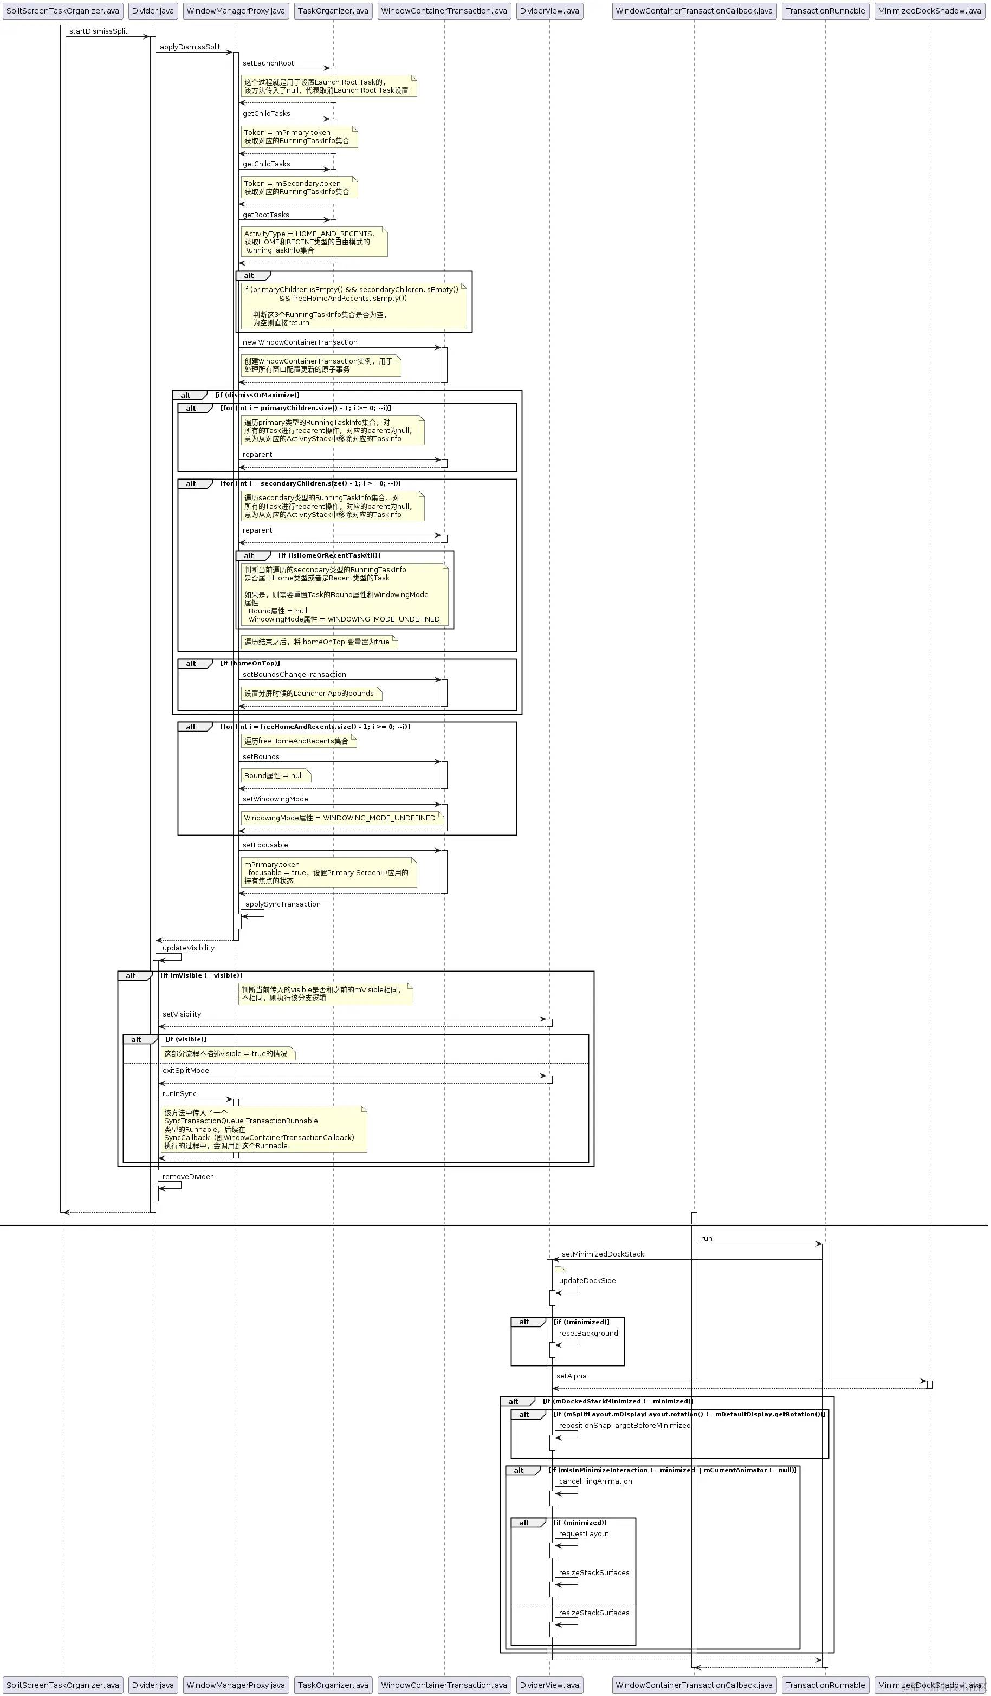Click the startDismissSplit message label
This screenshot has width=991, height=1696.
(x=98, y=31)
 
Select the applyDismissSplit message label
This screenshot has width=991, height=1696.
(x=190, y=47)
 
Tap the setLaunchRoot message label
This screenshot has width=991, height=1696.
(x=268, y=63)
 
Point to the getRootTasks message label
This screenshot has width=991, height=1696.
(x=265, y=215)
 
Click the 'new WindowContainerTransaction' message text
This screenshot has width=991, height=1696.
(x=300, y=342)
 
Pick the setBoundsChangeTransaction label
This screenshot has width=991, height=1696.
(x=294, y=675)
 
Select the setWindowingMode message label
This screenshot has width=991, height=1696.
(x=275, y=799)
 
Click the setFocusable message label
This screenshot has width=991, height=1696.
(x=265, y=845)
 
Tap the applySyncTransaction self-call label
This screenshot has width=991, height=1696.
(x=283, y=904)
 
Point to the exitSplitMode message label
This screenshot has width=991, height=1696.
(x=186, y=1070)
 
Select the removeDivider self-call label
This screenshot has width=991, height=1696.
(x=187, y=1176)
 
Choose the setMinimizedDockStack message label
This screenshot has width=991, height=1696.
(x=603, y=1254)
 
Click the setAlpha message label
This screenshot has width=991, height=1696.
(x=571, y=1376)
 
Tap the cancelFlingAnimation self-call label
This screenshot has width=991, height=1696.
(x=595, y=1481)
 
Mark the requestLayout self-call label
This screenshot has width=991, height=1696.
(x=584, y=1533)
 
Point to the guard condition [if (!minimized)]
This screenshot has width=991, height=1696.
(x=581, y=1322)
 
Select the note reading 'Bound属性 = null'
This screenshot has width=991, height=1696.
(x=274, y=775)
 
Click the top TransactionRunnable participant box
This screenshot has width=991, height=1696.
(x=825, y=11)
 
